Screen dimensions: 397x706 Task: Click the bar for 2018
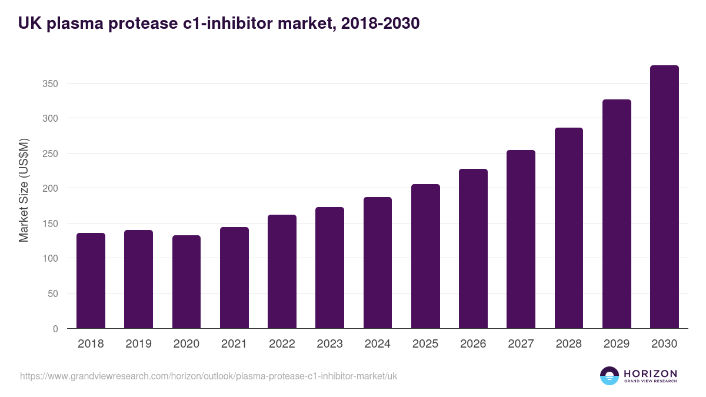(91, 281)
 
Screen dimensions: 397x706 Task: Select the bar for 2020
(187, 282)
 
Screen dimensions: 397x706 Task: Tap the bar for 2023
(329, 268)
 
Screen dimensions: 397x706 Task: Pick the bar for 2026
(473, 248)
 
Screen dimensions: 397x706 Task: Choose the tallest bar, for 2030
(664, 197)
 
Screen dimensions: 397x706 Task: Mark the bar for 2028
(568, 228)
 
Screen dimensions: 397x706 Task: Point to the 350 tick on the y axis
(51, 84)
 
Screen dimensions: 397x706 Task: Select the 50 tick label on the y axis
(53, 293)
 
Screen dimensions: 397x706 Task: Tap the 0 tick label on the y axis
(55, 329)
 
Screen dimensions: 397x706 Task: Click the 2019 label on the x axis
(138, 344)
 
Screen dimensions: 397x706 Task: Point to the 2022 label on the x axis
(282, 344)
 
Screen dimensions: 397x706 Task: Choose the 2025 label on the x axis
(425, 344)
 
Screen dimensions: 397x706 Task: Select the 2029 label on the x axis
(617, 344)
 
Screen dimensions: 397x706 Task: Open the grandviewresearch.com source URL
(208, 376)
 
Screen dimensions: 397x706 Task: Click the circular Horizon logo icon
(610, 376)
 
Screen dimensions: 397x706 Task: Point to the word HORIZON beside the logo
(650, 373)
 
